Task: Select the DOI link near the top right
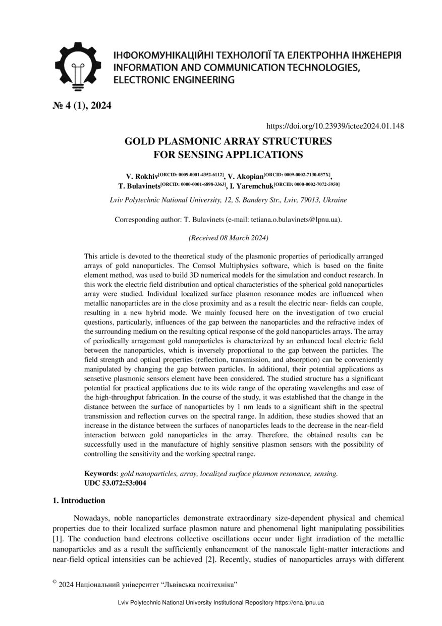(x=335, y=126)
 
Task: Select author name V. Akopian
(x=246, y=177)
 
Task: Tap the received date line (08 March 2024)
(x=228, y=237)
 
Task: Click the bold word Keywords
(x=100, y=474)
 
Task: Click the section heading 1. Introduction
(x=79, y=501)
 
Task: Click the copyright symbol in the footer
(x=54, y=582)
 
